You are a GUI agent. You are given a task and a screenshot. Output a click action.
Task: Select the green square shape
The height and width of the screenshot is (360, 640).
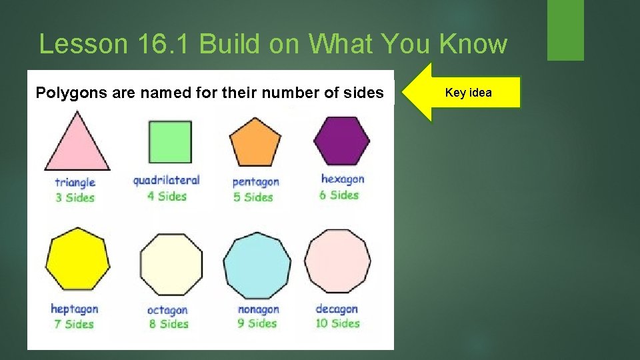[169, 142]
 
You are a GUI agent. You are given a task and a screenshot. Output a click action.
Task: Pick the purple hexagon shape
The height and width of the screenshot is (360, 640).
[341, 141]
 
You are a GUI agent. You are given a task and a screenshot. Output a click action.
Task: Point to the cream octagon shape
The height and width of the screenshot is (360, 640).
[171, 264]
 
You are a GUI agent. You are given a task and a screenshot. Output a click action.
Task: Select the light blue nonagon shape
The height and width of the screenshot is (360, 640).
[257, 265]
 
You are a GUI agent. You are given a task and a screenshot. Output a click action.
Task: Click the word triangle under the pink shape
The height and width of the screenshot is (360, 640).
[75, 182]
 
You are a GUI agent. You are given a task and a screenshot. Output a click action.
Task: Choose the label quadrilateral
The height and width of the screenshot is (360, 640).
[166, 180]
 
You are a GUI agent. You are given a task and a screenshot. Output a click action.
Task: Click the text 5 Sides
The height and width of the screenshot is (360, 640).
[253, 197]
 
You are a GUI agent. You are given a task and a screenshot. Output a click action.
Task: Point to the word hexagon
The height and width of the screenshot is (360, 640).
[343, 179]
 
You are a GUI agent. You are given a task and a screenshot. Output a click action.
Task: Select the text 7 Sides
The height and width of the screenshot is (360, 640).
[74, 324]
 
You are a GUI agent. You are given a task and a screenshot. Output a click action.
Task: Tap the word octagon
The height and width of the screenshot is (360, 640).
[167, 310]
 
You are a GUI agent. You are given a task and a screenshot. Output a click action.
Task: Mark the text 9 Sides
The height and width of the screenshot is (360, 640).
[257, 323]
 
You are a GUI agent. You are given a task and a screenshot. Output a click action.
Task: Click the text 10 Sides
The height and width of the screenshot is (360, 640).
[337, 323]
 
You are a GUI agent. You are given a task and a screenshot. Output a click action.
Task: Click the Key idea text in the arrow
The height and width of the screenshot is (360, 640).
[468, 93]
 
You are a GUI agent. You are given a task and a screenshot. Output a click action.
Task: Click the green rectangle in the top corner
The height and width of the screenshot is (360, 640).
[565, 30]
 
